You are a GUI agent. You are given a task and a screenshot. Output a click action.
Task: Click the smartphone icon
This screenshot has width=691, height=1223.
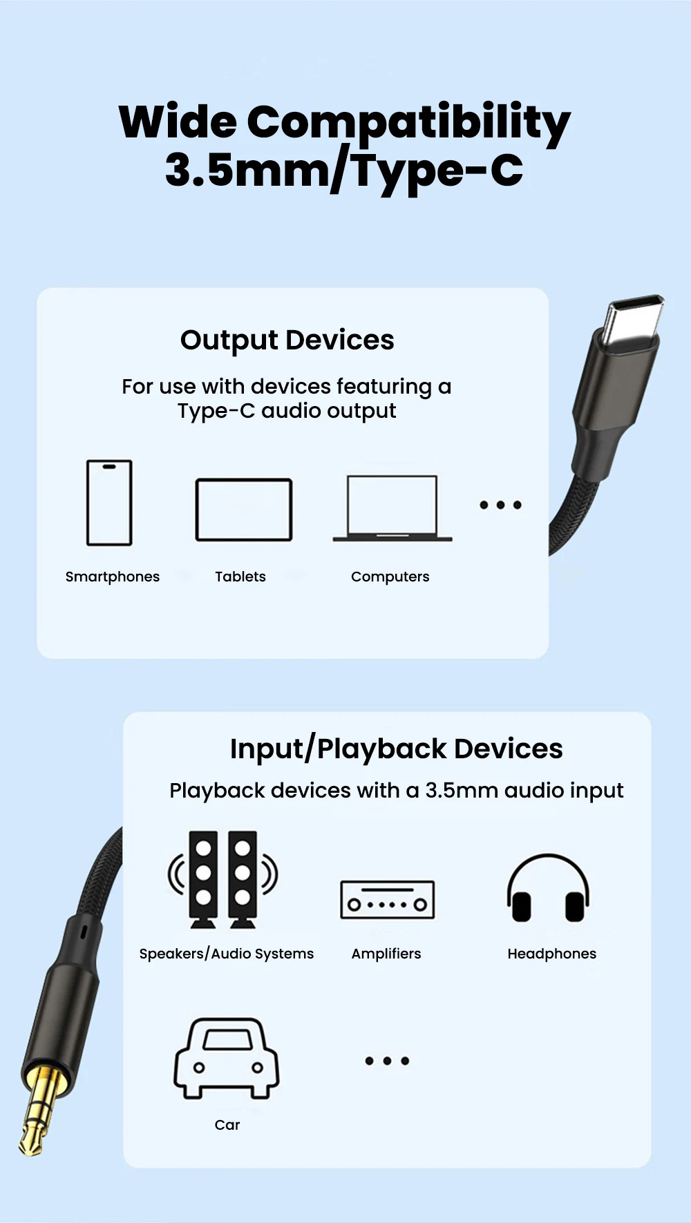[x=109, y=503]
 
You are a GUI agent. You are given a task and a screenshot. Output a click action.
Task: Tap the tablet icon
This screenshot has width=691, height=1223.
[x=244, y=510]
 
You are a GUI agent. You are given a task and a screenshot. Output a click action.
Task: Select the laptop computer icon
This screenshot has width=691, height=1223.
[x=392, y=508]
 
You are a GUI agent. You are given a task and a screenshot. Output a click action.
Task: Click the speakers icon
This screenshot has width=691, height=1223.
[x=223, y=879]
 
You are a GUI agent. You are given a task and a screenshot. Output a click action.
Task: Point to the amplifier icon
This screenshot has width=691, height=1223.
[x=387, y=900]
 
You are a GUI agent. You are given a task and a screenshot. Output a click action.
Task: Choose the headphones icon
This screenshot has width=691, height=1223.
[x=548, y=888]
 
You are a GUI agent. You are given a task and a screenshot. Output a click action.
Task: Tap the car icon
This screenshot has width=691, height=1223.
[x=227, y=1059]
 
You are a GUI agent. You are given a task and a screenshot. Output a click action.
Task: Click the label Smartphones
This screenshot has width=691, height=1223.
[x=113, y=577]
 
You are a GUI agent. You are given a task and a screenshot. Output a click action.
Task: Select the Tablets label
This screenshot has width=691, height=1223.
[x=240, y=577]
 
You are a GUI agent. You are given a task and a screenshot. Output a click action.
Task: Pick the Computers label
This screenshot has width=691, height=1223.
[x=390, y=577]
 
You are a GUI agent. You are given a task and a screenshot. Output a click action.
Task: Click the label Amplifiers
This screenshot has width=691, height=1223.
[x=386, y=954]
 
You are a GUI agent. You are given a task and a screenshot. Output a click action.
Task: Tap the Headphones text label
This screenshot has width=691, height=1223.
[x=552, y=954]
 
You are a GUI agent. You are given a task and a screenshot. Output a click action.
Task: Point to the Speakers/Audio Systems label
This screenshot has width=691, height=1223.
[x=227, y=954]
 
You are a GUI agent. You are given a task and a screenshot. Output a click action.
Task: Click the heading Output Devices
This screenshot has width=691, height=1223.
[x=287, y=340]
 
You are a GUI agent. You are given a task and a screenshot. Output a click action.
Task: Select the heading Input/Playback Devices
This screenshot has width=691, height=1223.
[x=397, y=749]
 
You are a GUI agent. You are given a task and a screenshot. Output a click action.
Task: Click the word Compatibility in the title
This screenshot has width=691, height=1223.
[x=408, y=123]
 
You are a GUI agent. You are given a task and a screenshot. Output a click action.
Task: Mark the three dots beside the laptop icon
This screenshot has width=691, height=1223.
[x=501, y=505]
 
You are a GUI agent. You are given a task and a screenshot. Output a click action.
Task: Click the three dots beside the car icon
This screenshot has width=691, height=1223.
[x=387, y=1061]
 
